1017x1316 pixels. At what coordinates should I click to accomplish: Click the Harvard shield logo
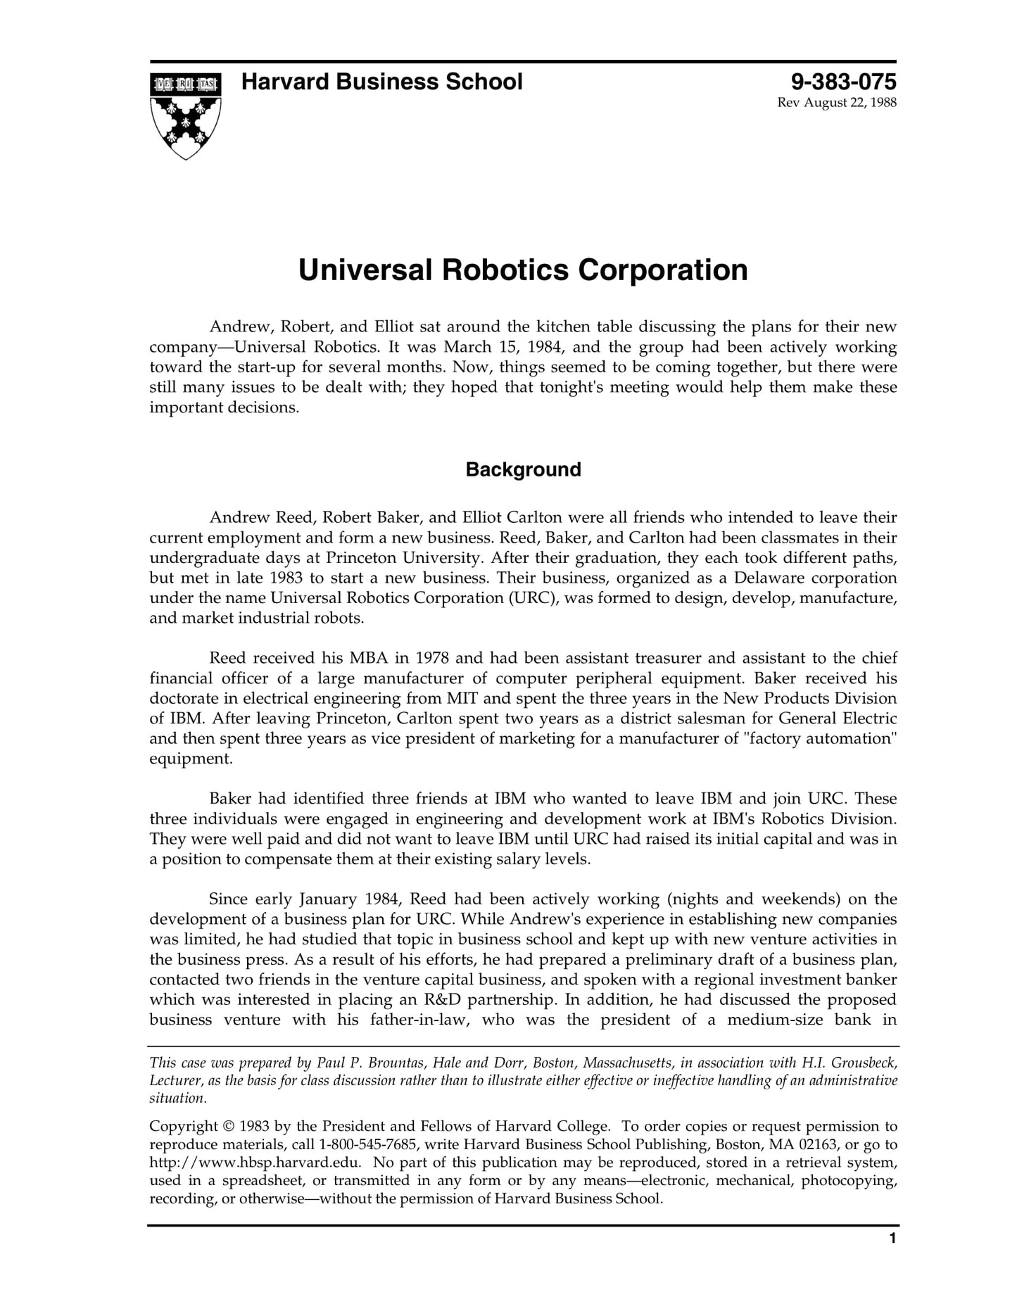point(186,115)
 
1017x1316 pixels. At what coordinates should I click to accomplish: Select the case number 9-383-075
point(844,82)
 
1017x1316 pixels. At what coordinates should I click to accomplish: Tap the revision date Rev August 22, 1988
point(837,103)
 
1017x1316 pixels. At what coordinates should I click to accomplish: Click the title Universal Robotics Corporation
point(523,270)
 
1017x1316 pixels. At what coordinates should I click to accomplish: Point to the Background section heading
point(523,469)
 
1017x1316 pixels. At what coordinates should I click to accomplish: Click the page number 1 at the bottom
point(892,1258)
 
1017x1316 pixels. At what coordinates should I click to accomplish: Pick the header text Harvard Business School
point(382,82)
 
